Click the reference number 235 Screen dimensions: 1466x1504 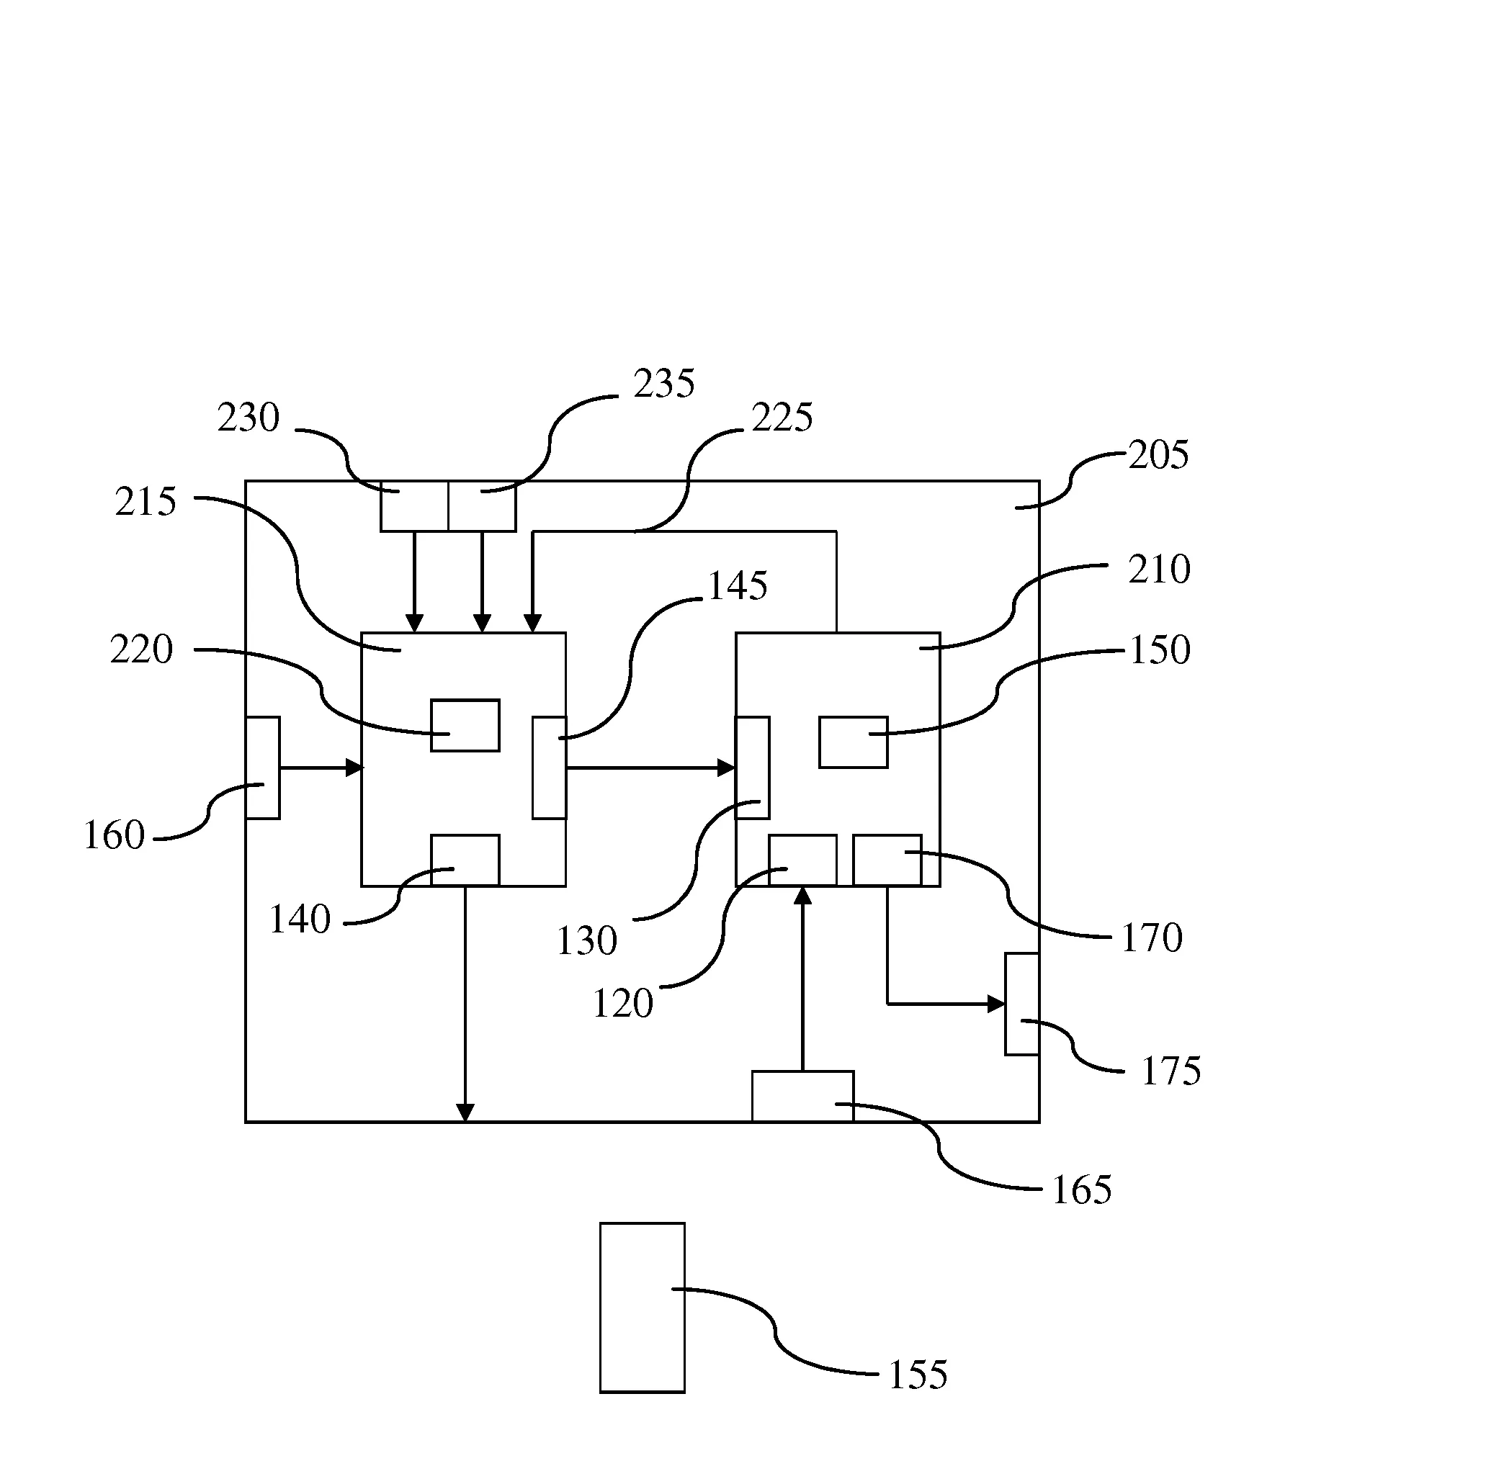coord(664,384)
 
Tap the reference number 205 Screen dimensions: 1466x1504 coord(1158,455)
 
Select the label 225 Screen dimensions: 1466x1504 coord(782,418)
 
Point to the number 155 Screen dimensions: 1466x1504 coord(917,1375)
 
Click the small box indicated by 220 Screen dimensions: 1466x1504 coord(465,725)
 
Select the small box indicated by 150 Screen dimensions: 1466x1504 coord(854,742)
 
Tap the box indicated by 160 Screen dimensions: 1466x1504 coord(263,768)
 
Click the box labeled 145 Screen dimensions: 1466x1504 coord(549,768)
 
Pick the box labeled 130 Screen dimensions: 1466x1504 coord(753,768)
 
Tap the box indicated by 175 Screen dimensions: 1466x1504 coord(1022,1004)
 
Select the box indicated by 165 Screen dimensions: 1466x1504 coord(802,1097)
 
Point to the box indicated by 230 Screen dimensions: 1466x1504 coord(414,506)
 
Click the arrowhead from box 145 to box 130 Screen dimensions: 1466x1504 coord(726,768)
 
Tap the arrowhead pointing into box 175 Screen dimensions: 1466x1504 coord(996,1004)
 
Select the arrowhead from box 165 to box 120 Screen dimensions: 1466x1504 coord(802,896)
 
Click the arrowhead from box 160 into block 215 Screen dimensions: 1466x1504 coord(354,768)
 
